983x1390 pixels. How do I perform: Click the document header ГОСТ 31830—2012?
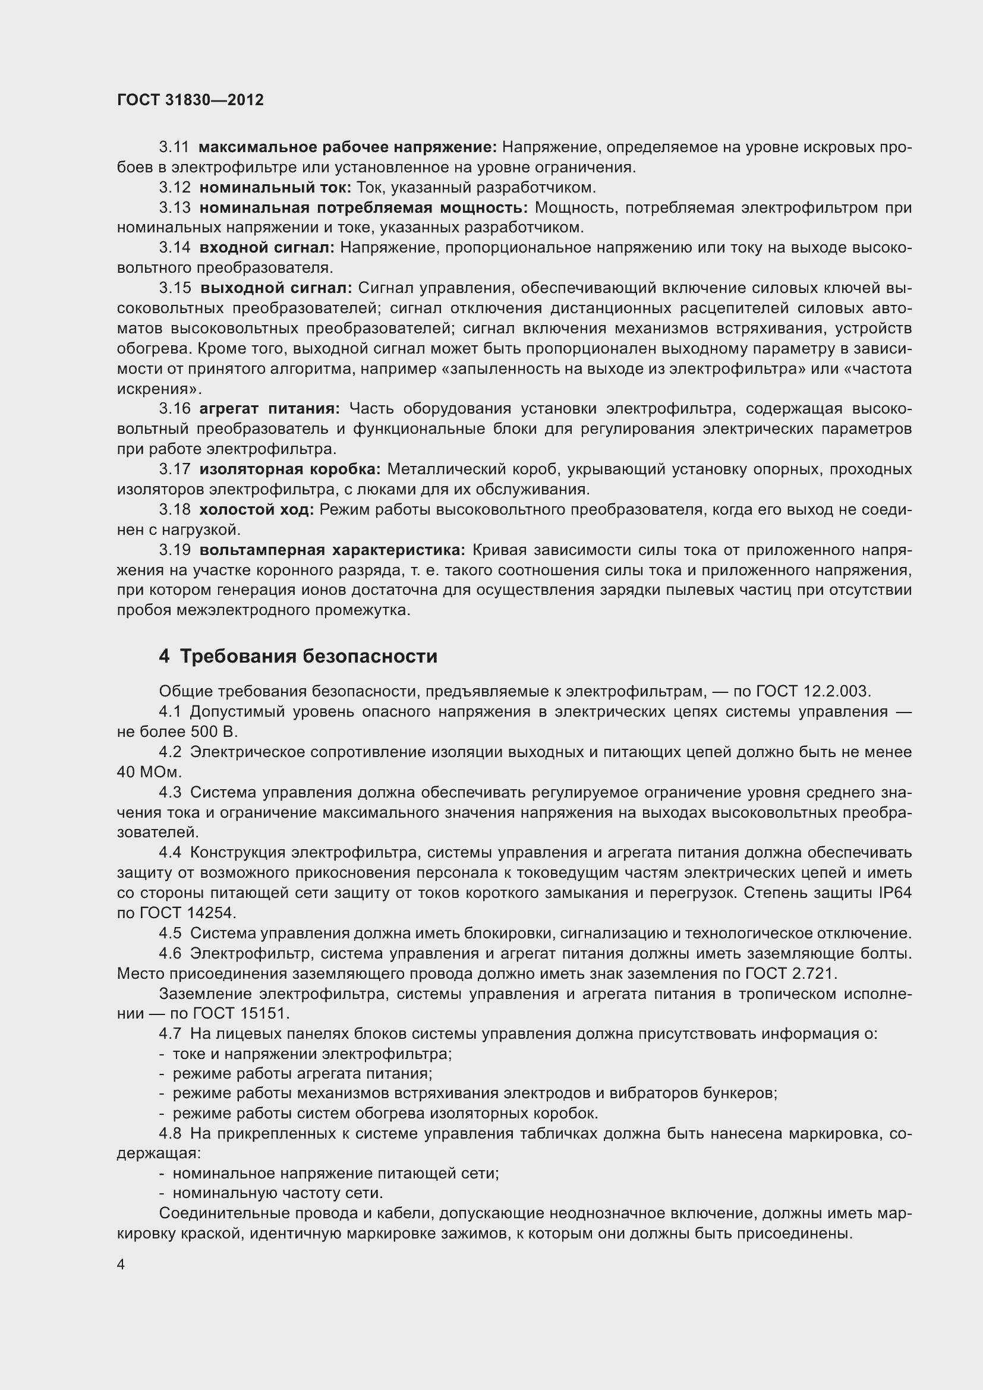click(x=190, y=100)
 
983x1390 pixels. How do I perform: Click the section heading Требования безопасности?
click(x=308, y=656)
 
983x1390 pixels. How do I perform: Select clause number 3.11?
click(x=174, y=147)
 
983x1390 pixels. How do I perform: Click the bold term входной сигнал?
click(x=267, y=248)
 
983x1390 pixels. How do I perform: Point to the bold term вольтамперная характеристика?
click(x=332, y=550)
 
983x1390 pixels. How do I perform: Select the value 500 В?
click(x=214, y=732)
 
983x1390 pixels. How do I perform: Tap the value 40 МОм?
click(x=149, y=772)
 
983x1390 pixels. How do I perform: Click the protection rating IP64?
click(x=894, y=893)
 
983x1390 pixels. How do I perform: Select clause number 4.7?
click(x=170, y=1033)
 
